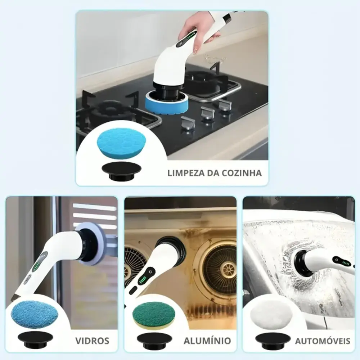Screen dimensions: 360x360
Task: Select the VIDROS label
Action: [x=92, y=341]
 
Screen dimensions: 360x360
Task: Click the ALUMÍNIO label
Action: [x=207, y=341]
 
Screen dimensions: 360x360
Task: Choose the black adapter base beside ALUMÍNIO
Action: [x=154, y=341]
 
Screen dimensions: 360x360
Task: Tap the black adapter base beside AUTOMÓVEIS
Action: [x=273, y=341]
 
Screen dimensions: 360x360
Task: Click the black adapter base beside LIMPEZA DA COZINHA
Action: [x=121, y=171]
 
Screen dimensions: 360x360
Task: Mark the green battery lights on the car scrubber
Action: [x=346, y=263]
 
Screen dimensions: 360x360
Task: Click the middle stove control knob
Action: [x=208, y=113]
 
